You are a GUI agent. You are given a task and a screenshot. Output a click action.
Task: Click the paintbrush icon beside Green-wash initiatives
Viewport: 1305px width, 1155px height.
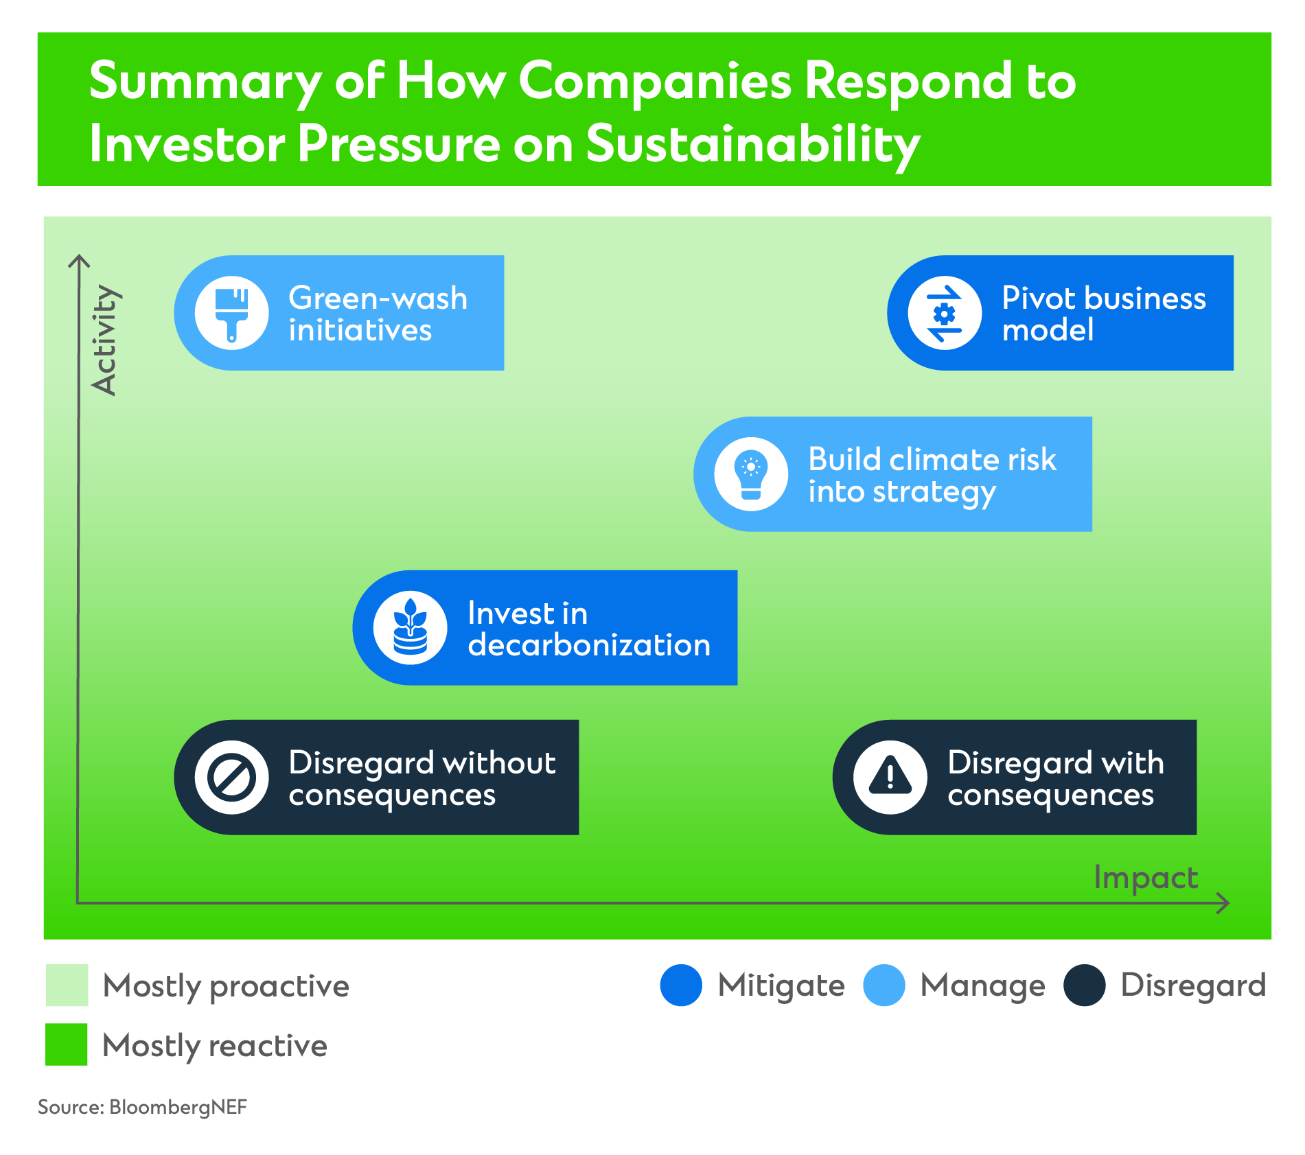(x=231, y=313)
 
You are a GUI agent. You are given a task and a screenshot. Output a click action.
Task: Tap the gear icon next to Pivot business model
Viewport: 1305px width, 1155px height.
(x=945, y=314)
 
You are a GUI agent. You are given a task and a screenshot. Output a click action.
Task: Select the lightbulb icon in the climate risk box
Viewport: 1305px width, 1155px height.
(x=751, y=474)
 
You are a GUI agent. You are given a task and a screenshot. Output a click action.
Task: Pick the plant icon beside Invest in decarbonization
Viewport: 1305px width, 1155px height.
(x=411, y=627)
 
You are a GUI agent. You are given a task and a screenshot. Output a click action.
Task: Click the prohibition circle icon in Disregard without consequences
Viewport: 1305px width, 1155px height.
(x=231, y=778)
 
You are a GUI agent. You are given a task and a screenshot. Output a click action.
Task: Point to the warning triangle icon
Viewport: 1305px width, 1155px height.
(x=890, y=778)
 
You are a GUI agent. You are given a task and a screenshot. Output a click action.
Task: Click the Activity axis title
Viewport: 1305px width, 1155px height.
(x=105, y=340)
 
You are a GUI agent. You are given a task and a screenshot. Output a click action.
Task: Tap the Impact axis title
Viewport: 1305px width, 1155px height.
(x=1146, y=878)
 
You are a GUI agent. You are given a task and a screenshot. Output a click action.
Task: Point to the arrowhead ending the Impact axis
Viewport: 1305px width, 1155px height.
(x=1224, y=903)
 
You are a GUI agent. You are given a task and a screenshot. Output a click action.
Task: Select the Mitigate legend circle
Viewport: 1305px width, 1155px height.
(x=681, y=985)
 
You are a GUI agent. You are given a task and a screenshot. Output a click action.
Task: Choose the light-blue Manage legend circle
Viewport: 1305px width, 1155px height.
(x=884, y=985)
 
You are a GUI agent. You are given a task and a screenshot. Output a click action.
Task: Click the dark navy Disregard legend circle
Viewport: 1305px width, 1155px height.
(x=1085, y=985)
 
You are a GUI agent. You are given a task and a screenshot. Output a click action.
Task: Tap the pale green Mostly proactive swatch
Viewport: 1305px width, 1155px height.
(x=67, y=985)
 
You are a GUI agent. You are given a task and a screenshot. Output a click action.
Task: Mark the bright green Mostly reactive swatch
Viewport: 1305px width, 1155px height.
(x=67, y=1045)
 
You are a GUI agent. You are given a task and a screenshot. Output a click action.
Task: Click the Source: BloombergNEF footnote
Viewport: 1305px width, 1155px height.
(x=142, y=1107)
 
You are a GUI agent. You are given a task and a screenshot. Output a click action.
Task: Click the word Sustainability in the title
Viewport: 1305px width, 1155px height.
(x=752, y=144)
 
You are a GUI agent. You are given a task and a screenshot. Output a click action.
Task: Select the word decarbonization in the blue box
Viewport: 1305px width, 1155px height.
(x=589, y=645)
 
